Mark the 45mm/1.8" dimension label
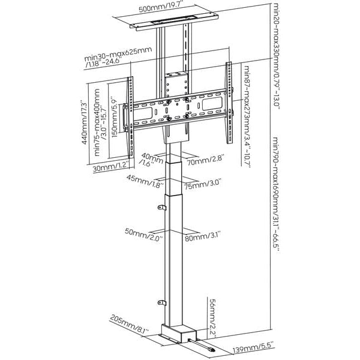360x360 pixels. coord(144,181)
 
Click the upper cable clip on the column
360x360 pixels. coord(161,208)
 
